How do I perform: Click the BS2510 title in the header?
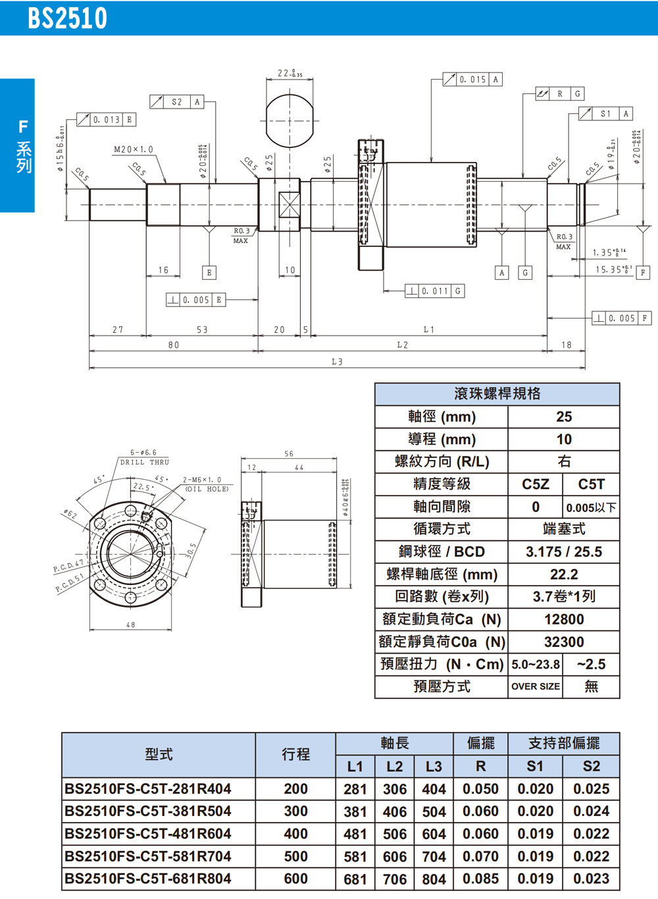67,18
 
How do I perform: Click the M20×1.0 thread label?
133,149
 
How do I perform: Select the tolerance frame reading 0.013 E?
107,120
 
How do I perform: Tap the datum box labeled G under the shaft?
524,272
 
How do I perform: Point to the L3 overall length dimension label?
337,361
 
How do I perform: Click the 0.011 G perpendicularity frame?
434,291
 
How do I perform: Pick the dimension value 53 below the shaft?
202,330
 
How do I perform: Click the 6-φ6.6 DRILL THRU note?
144,457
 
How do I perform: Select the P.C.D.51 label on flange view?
69,583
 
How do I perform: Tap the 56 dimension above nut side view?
289,453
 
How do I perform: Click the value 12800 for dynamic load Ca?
564,619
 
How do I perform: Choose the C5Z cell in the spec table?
536,484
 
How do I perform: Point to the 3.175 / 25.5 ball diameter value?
564,552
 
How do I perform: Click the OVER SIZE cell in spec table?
536,686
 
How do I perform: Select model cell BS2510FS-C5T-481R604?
148,834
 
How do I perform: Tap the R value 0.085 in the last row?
480,879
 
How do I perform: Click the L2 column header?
394,766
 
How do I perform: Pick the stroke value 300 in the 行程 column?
295,811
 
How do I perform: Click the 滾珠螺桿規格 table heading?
497,394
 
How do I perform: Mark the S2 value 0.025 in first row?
591,789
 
